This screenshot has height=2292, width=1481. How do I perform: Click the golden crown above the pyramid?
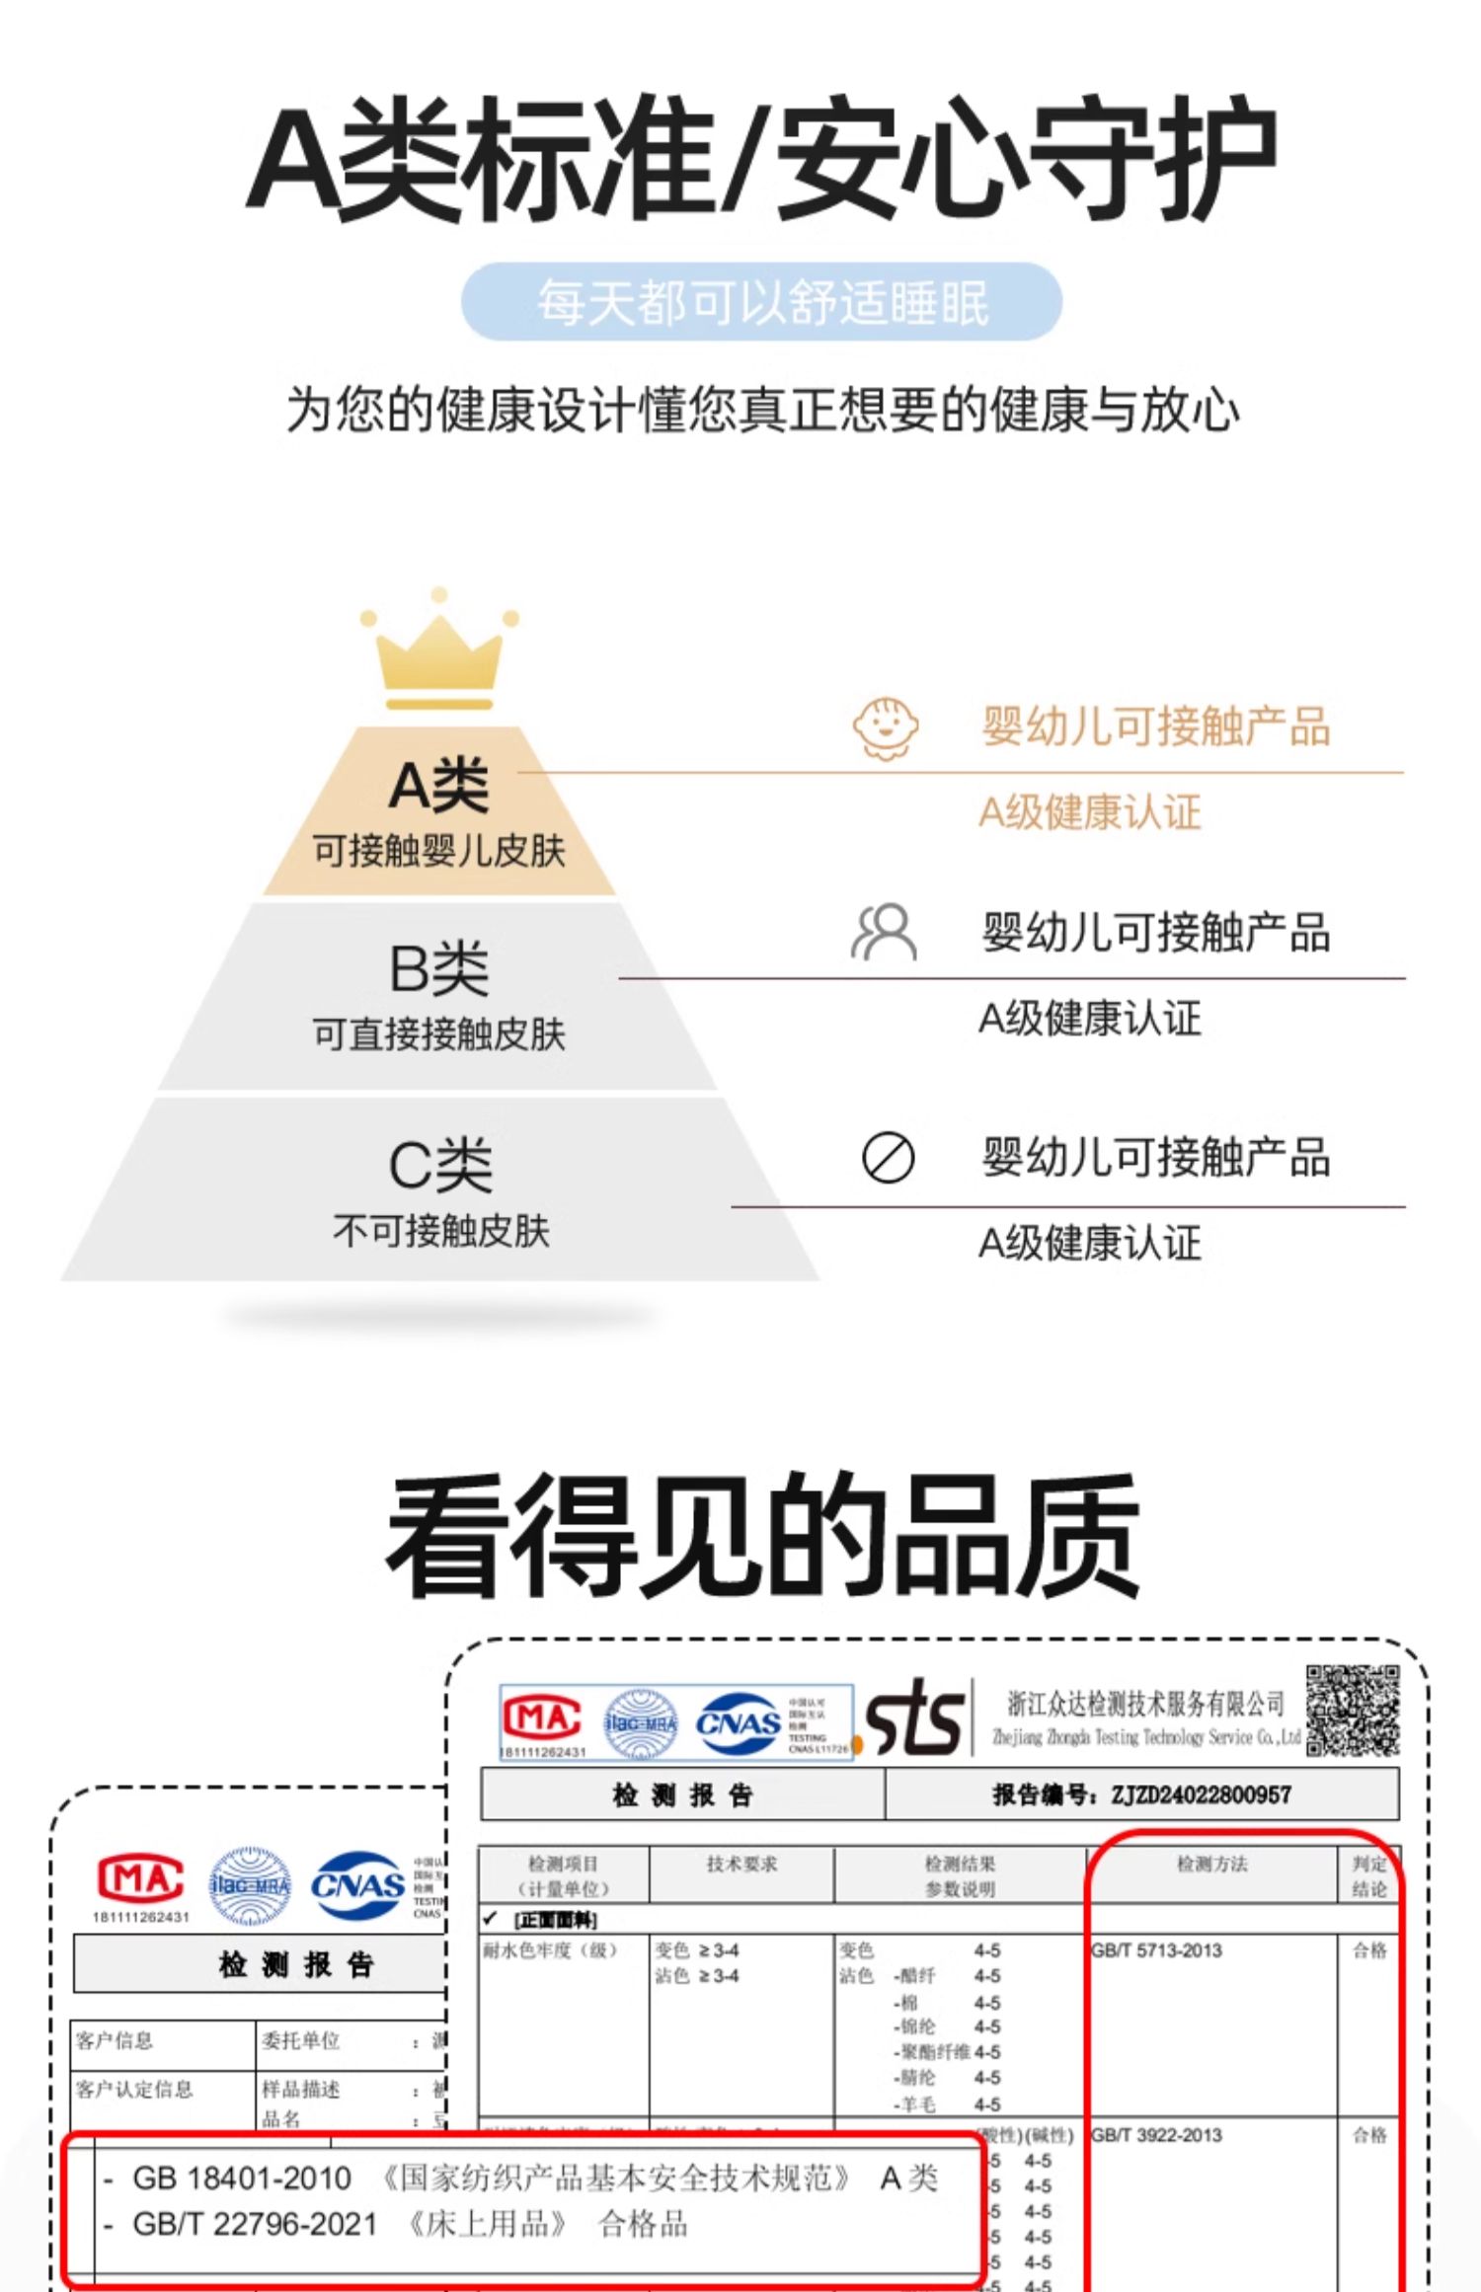(439, 652)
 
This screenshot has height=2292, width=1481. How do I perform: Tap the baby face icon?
(885, 728)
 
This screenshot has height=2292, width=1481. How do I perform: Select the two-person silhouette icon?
(884, 933)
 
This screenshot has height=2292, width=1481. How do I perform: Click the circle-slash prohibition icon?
(888, 1157)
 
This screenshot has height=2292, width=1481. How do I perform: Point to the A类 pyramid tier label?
(439, 787)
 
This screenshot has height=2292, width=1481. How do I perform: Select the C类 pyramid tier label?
(440, 1165)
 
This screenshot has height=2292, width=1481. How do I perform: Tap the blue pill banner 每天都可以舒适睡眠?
(761, 302)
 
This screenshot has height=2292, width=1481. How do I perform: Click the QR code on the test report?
(1352, 1710)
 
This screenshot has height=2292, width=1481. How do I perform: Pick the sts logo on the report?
(914, 1718)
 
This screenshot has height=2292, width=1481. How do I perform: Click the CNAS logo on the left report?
(357, 1885)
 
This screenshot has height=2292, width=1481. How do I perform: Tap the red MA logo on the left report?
(140, 1877)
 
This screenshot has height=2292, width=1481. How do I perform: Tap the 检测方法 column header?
(1211, 1864)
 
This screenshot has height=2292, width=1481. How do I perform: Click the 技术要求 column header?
(741, 1864)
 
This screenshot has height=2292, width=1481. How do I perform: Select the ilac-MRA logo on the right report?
(641, 1722)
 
